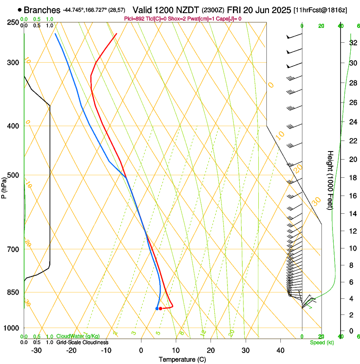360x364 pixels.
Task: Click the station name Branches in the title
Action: click(42, 10)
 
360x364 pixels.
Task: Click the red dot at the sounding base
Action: click(161, 309)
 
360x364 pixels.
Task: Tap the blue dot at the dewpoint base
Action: click(157, 309)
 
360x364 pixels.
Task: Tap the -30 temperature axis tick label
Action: click(36, 350)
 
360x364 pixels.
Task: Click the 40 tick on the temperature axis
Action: click(280, 350)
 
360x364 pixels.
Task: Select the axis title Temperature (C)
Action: click(182, 359)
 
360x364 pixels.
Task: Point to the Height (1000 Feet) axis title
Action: click(331, 180)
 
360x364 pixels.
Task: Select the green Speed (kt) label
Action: click(322, 342)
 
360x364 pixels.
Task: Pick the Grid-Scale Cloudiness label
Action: click(82, 342)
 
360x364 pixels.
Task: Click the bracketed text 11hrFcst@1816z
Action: click(320, 10)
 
